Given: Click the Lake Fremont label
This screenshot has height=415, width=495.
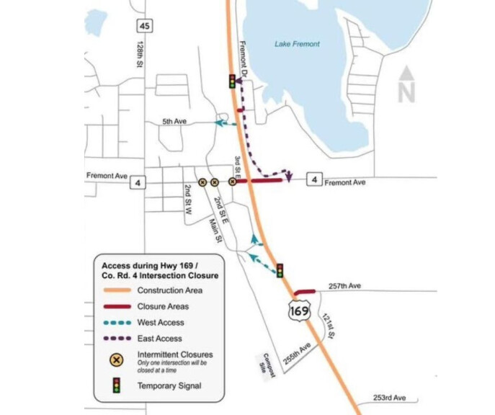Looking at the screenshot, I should pyautogui.click(x=297, y=45).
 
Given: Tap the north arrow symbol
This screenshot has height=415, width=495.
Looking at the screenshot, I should pyautogui.click(x=406, y=84).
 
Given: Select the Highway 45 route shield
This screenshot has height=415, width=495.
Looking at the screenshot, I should pyautogui.click(x=146, y=26).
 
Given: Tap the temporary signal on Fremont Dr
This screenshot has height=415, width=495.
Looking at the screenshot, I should pyautogui.click(x=232, y=81).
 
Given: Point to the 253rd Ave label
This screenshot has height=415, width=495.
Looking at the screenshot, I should pyautogui.click(x=391, y=397).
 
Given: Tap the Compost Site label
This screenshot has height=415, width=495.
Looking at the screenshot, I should pyautogui.click(x=263, y=362).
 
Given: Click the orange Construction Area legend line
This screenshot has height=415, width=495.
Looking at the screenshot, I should pyautogui.click(x=117, y=290).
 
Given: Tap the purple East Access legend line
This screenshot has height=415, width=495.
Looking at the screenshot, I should pyautogui.click(x=117, y=338).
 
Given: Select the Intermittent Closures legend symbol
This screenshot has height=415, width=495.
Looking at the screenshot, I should pyautogui.click(x=117, y=359).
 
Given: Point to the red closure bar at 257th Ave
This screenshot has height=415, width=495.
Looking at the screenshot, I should pyautogui.click(x=305, y=291).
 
